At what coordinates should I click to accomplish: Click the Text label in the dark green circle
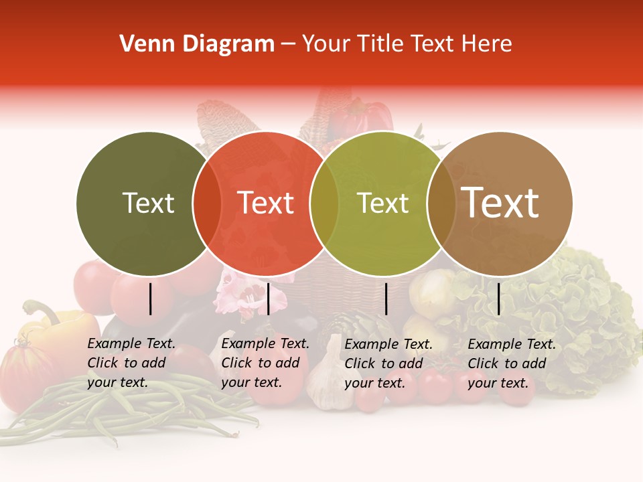click(148, 203)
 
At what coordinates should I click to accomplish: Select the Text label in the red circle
click(265, 203)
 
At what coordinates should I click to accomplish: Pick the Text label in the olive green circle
click(382, 203)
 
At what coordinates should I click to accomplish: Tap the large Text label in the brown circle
click(500, 203)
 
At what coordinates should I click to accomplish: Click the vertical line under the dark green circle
click(151, 299)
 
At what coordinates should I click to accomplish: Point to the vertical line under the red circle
click(268, 299)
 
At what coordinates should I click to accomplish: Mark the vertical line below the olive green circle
click(386, 299)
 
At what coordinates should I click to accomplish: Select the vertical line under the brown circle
click(498, 299)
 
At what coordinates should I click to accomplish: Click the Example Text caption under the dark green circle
click(131, 363)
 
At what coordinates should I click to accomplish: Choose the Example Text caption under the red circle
click(265, 363)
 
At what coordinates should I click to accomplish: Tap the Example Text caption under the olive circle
click(388, 364)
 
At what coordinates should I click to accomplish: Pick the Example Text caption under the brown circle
click(511, 364)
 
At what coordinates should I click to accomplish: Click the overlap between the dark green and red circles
click(207, 204)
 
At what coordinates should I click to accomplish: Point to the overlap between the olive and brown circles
click(441, 204)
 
